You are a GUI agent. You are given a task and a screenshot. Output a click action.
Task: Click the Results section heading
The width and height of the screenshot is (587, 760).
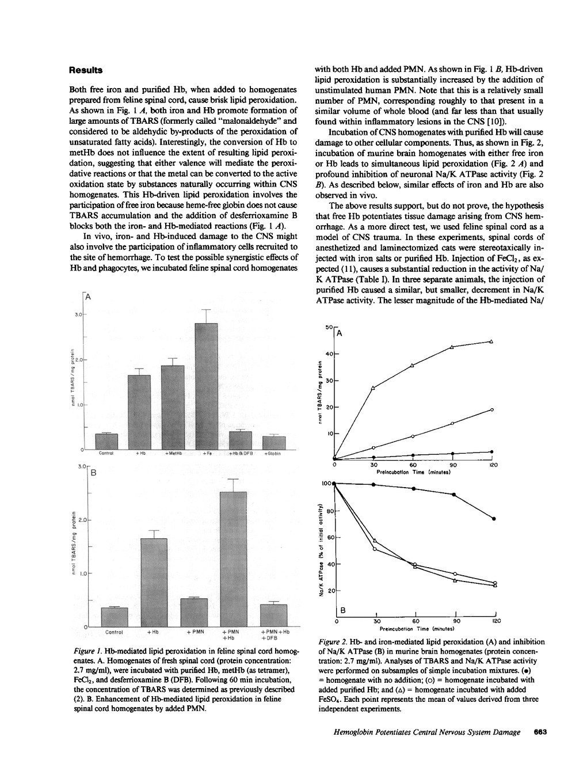(x=86, y=70)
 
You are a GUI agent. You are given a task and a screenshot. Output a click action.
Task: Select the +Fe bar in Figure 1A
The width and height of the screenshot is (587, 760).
(x=207, y=386)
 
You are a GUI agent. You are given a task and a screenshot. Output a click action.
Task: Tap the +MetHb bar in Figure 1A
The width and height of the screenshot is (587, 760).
(x=173, y=407)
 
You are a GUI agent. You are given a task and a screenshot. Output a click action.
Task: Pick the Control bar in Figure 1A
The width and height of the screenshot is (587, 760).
(x=106, y=441)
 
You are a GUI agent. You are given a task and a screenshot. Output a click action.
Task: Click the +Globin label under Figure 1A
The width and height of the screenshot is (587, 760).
(x=273, y=454)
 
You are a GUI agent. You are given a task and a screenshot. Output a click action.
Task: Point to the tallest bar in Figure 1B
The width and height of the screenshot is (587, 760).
(x=234, y=558)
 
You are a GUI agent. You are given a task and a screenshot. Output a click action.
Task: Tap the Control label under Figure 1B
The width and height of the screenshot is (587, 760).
(x=115, y=632)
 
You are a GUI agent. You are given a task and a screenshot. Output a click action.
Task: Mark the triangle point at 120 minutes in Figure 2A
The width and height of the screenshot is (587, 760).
(x=491, y=341)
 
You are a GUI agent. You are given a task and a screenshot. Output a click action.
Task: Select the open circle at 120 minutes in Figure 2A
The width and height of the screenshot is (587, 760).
(x=492, y=409)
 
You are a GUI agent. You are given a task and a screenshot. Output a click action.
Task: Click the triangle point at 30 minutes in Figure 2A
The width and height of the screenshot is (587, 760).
(x=373, y=388)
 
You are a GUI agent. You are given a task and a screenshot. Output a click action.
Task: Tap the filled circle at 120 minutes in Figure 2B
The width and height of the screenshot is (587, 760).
(x=494, y=519)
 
